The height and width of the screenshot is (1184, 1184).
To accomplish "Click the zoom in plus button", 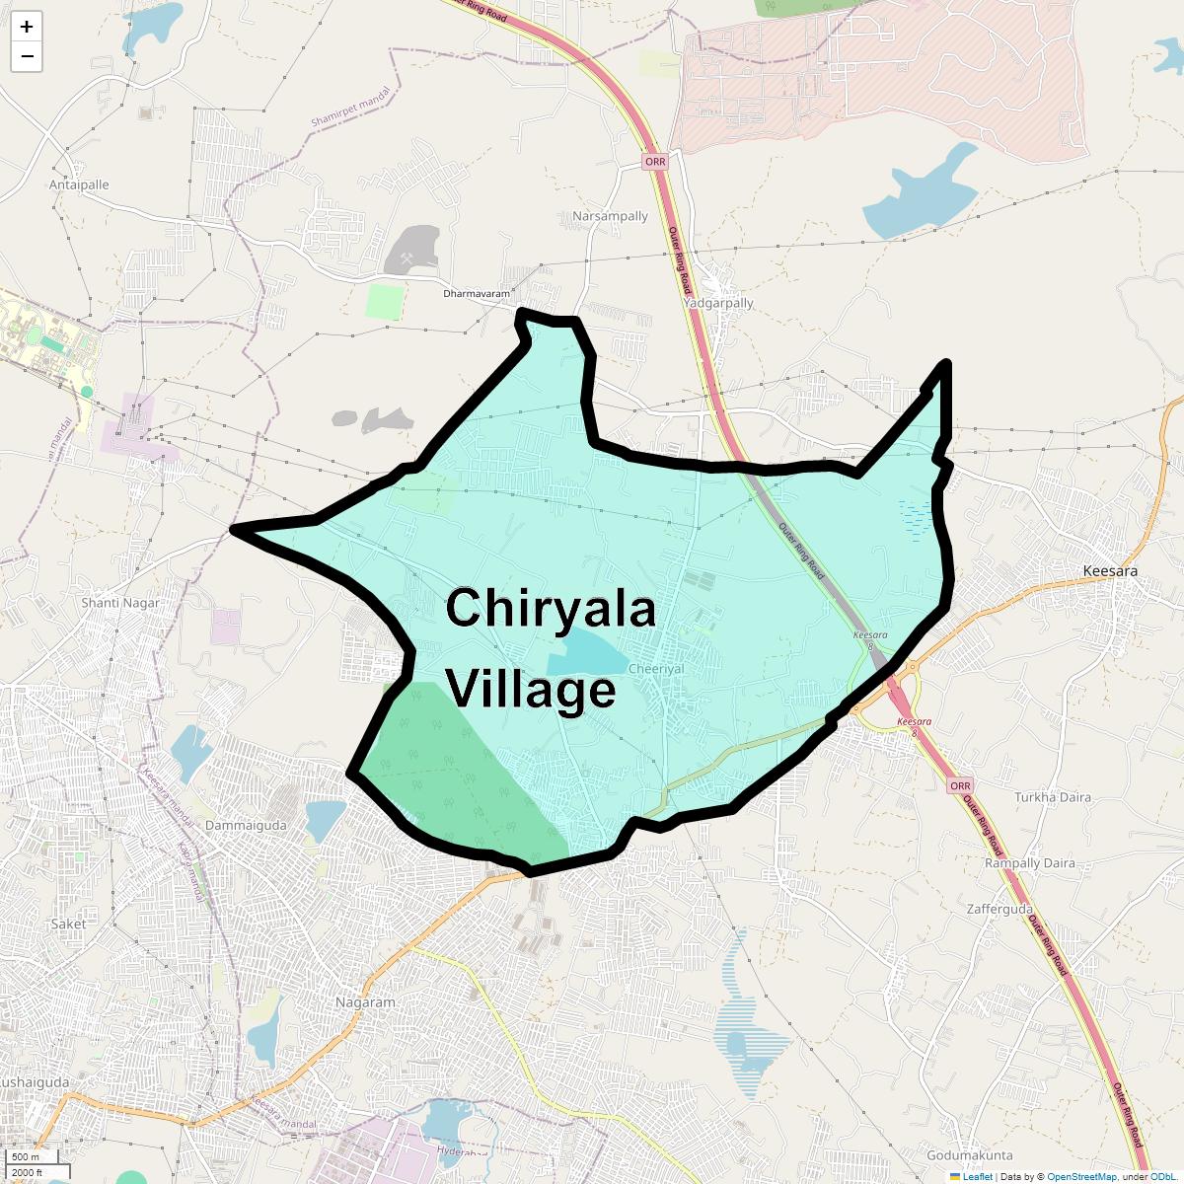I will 27,28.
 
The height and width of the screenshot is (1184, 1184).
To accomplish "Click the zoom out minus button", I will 27,57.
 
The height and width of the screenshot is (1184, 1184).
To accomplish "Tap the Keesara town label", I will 1110,571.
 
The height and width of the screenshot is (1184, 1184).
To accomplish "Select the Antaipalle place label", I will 79,185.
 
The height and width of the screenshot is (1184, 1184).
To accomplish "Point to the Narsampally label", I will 610,216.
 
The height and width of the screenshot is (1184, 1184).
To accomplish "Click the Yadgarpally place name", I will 718,303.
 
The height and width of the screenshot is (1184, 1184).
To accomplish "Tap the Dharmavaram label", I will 477,294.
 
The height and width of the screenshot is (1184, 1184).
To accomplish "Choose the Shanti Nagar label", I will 120,603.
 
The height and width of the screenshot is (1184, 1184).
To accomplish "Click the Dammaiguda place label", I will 246,825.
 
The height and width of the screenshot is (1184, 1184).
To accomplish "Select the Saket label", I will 68,925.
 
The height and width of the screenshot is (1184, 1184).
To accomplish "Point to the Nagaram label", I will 365,1002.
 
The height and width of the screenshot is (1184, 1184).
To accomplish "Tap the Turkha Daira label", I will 1053,797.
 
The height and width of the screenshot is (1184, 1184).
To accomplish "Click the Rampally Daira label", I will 1030,863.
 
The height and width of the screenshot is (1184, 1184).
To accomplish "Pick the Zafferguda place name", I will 999,909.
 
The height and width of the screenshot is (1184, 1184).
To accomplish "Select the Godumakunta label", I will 969,1155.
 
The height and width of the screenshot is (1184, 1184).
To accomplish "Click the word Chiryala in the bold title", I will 551,608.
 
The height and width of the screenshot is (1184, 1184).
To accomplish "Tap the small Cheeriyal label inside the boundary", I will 656,669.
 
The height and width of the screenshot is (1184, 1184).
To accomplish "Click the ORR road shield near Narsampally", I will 654,162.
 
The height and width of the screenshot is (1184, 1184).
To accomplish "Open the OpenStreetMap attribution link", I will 1081,1176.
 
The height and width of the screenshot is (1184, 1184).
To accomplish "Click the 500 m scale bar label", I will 27,1157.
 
